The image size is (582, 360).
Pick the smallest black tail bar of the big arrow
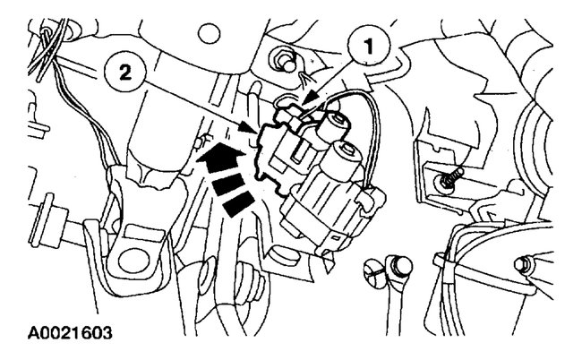[x=235, y=208]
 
